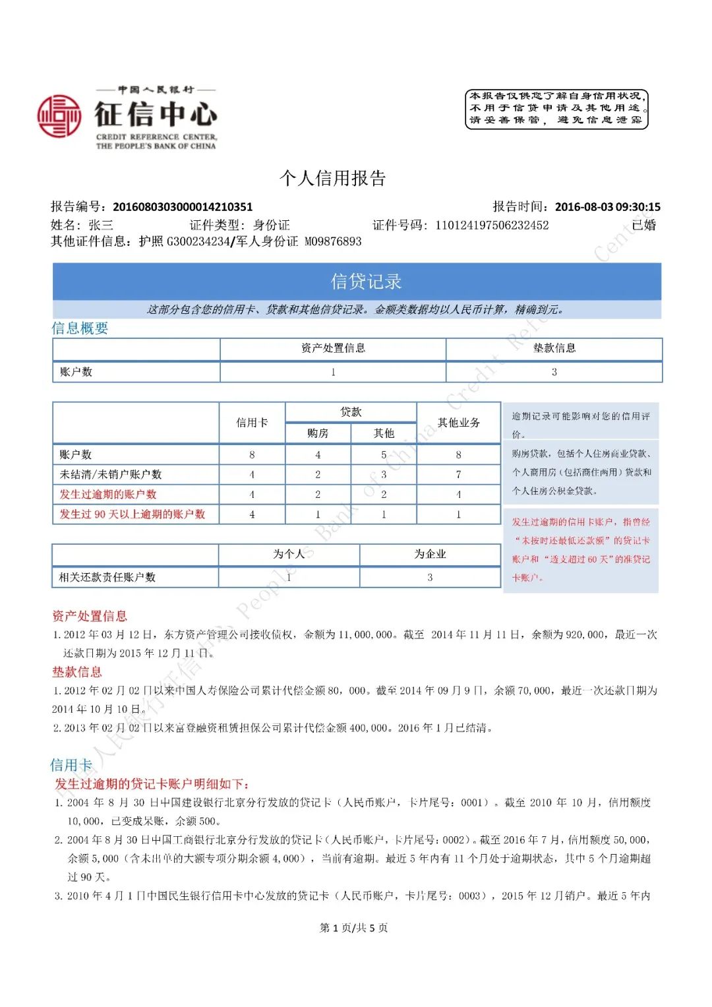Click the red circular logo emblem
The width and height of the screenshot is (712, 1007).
[x=59, y=116]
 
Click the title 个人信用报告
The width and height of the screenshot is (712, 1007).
[x=332, y=178]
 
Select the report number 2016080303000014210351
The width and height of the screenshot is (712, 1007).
[x=183, y=207]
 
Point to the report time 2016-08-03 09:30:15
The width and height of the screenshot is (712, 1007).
[x=607, y=207]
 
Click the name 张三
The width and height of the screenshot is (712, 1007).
[x=101, y=225]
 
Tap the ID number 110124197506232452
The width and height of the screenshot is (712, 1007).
[x=492, y=226]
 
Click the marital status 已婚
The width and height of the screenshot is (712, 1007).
[x=643, y=225]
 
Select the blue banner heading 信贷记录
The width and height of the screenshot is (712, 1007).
[x=366, y=282]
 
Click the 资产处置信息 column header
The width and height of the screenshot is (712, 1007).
[x=333, y=348]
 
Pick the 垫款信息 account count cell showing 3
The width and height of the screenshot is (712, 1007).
[x=554, y=372]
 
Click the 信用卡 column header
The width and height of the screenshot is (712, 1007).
[x=252, y=423]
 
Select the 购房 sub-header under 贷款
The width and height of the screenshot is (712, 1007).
[x=318, y=433]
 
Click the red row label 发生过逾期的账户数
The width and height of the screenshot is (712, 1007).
[x=108, y=495]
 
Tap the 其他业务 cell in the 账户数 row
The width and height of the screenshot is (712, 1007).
[x=458, y=455]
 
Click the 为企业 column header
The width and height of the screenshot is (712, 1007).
[x=430, y=554]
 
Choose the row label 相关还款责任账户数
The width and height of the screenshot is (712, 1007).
[x=107, y=577]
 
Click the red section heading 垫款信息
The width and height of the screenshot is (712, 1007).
[x=77, y=672]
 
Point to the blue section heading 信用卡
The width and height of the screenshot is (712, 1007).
[x=71, y=765]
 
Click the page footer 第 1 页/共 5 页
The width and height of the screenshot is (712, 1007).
[x=353, y=928]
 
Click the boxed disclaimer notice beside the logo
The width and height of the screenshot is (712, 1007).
[x=556, y=109]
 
